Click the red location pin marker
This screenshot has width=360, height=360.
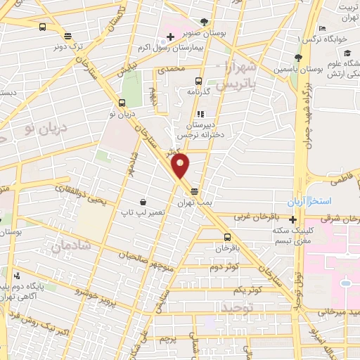181,166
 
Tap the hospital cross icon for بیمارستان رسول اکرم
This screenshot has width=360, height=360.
170,36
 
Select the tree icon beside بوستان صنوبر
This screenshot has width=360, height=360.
204,21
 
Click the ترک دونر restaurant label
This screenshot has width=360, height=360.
67,46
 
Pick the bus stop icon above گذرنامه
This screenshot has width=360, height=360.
199,81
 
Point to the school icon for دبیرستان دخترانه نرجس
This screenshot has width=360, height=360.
200,113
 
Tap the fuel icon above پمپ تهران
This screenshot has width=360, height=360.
194,191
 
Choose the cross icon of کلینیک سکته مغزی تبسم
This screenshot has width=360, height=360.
293,219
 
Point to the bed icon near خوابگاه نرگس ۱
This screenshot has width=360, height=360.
321,29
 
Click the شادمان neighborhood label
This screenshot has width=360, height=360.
67,246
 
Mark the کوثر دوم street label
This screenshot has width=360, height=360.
224,267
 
